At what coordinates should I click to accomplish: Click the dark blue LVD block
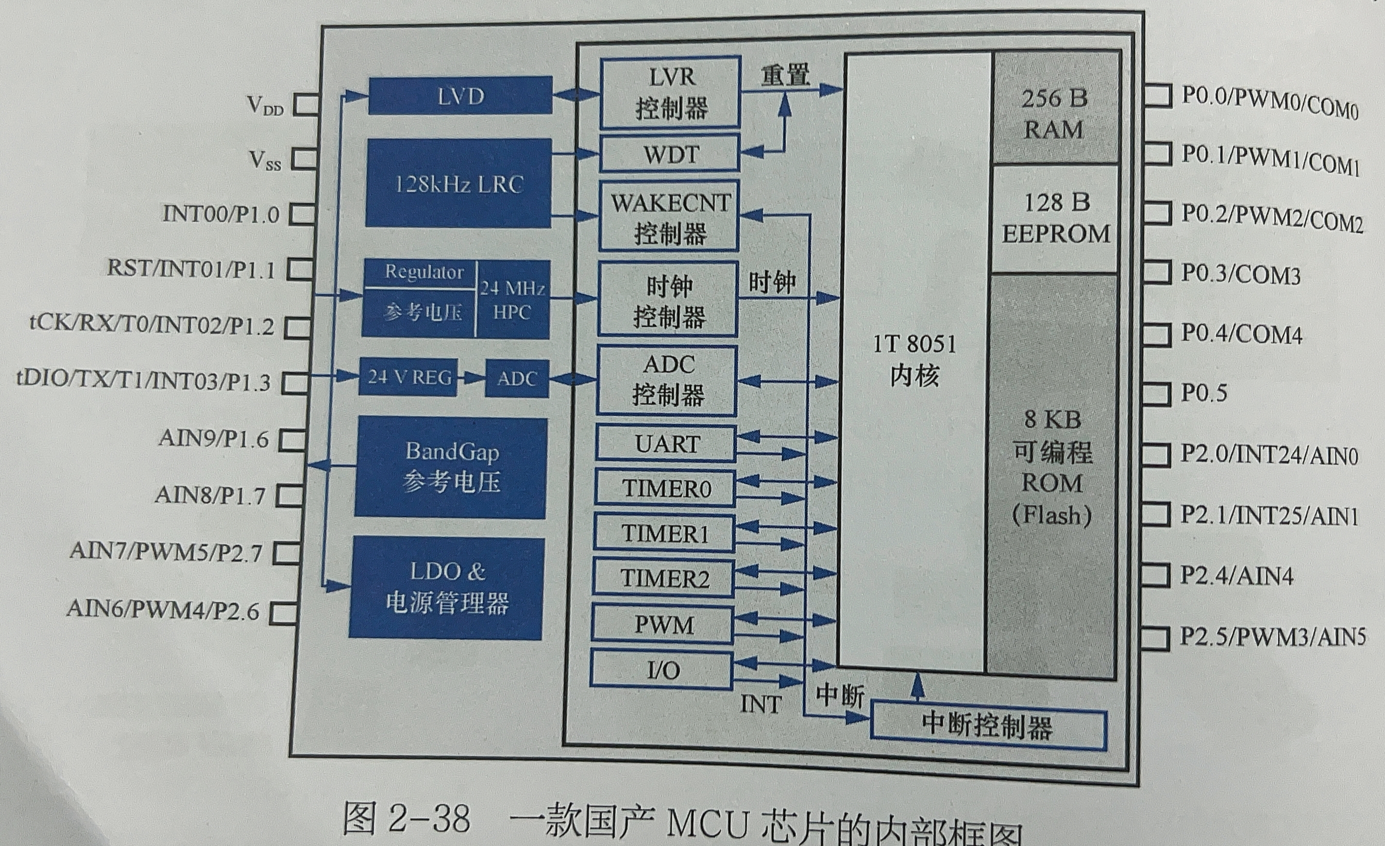pyautogui.click(x=460, y=96)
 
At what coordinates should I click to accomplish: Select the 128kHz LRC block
pyautogui.click(x=458, y=183)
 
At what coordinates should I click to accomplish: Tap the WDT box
pyautogui.click(x=670, y=154)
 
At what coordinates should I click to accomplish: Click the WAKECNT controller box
pyautogui.click(x=669, y=217)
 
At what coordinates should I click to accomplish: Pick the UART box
pyautogui.click(x=666, y=444)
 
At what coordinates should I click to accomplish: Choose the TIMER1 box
pyautogui.click(x=664, y=534)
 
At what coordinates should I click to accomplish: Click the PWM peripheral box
pyautogui.click(x=663, y=624)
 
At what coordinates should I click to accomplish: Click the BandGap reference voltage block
pyautogui.click(x=451, y=467)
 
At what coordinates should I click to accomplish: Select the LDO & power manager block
pyautogui.click(x=447, y=588)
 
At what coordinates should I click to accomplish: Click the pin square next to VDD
pyautogui.click(x=306, y=104)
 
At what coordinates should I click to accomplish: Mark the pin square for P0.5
pyautogui.click(x=1156, y=393)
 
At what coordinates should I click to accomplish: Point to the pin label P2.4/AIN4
pyautogui.click(x=1236, y=576)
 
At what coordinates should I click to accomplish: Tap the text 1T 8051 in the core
pyautogui.click(x=914, y=344)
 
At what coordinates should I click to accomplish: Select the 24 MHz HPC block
pyautogui.click(x=512, y=299)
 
